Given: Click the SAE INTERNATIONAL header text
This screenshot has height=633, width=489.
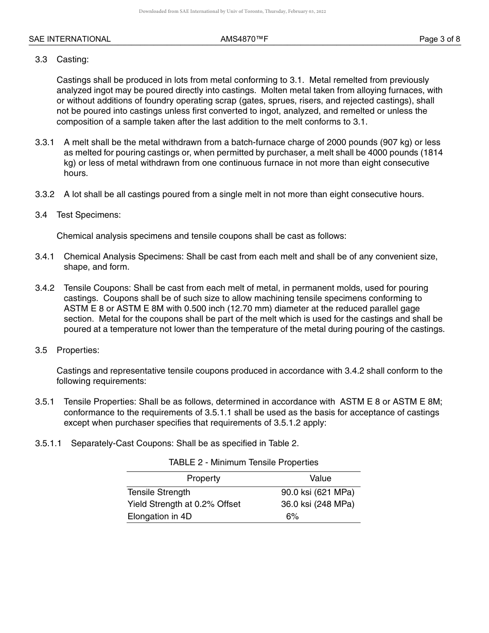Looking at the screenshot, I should tap(69, 39).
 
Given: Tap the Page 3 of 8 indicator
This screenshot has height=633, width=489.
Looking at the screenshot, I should tap(439, 39).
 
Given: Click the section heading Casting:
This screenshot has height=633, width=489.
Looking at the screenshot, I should tap(73, 59).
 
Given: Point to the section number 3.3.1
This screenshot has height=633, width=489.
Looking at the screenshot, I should tap(45, 142).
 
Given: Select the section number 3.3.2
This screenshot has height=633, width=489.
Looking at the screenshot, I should tap(45, 194).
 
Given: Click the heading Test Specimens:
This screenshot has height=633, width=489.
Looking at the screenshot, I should tap(89, 215).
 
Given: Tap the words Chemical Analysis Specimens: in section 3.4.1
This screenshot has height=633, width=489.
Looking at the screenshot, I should tap(124, 256).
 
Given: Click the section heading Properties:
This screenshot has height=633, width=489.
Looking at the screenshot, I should tap(78, 350).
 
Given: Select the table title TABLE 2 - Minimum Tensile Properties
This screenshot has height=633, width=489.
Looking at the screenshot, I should tap(243, 462).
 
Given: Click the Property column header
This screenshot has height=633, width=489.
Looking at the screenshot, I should tap(203, 478).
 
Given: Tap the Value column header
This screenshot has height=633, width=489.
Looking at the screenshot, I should tap(320, 478).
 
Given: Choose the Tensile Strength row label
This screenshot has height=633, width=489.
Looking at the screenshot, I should tap(159, 492).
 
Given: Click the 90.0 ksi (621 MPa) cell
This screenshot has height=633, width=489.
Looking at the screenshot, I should tap(318, 492).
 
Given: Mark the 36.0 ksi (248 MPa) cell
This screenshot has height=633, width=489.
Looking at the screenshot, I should tap(318, 504).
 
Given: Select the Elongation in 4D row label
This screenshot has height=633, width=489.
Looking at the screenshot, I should tap(160, 516).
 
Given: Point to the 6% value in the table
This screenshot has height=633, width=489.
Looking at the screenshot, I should tap(292, 516).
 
